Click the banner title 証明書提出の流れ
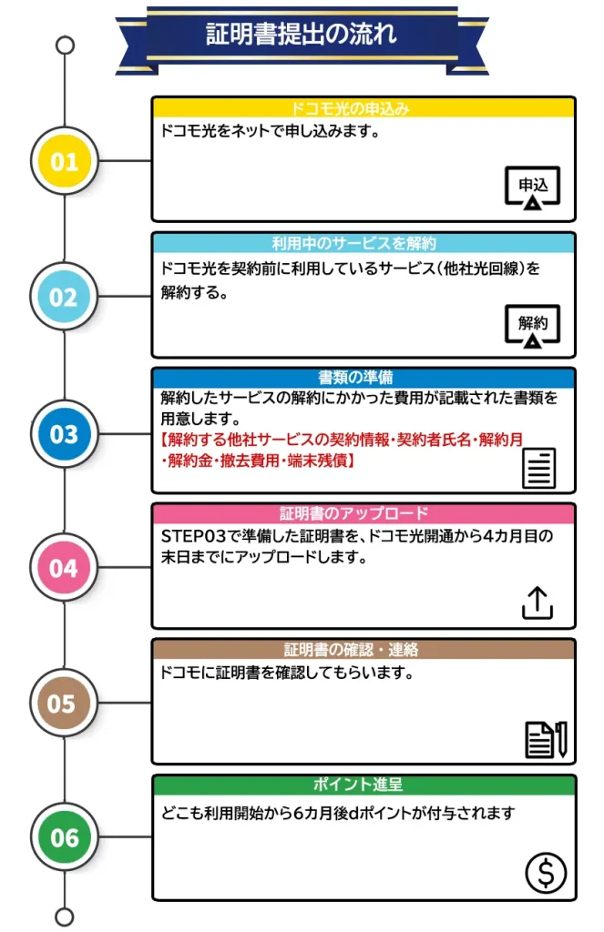(x=302, y=34)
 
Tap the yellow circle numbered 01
(x=65, y=161)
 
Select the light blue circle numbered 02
(x=65, y=297)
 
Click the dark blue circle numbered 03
(x=65, y=433)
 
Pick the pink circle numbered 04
(x=65, y=568)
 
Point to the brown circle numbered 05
(x=65, y=704)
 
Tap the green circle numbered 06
(x=65, y=837)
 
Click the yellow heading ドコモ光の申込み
(x=350, y=109)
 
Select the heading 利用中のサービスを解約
(x=354, y=243)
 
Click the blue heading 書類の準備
(x=355, y=378)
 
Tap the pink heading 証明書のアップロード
(x=354, y=513)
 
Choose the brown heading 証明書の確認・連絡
(x=351, y=649)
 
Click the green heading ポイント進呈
(x=358, y=784)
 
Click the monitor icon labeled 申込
(x=533, y=188)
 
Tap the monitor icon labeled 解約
(x=533, y=327)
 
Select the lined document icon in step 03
(x=539, y=469)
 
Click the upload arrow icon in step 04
(x=537, y=603)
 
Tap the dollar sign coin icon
(x=546, y=873)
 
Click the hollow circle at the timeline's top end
(x=65, y=46)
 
